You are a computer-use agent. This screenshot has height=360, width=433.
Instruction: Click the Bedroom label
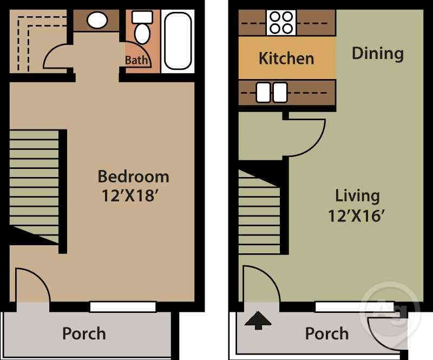pyautogui.click(x=133, y=176)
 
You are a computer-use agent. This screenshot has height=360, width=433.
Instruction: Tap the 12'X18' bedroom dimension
pyautogui.click(x=130, y=195)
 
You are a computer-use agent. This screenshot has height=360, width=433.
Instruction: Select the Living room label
pyautogui.click(x=357, y=197)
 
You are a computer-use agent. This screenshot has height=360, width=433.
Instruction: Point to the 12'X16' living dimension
pyautogui.click(x=357, y=216)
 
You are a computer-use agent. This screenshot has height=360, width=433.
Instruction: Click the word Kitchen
pyautogui.click(x=286, y=58)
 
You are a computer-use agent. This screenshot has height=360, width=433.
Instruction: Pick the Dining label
pyautogui.click(x=377, y=54)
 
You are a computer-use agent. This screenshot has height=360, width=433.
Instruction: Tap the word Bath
pyautogui.click(x=136, y=60)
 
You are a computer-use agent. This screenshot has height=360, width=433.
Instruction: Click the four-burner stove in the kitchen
pyautogui.click(x=281, y=23)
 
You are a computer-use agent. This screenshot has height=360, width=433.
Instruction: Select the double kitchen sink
pyautogui.click(x=272, y=93)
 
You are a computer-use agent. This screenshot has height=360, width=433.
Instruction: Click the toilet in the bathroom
pyautogui.click(x=142, y=28)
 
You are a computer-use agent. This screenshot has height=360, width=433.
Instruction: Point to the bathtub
pyautogui.click(x=178, y=41)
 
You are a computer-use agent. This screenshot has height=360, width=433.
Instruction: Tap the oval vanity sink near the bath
pyautogui.click(x=97, y=20)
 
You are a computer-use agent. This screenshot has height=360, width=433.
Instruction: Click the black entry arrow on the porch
pyautogui.click(x=258, y=320)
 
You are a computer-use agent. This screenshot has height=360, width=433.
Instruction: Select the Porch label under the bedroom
pyautogui.click(x=84, y=333)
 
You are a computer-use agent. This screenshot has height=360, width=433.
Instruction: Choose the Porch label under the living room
pyautogui.click(x=327, y=333)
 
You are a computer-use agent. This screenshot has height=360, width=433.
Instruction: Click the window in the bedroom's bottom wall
pyautogui.click(x=123, y=307)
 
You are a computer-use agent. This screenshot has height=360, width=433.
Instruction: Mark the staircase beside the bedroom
pyautogui.click(x=34, y=186)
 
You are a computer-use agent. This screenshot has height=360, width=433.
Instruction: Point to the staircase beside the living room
pyautogui.click(x=259, y=212)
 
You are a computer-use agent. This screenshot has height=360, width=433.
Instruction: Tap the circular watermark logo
pyautogui.click(x=390, y=313)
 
